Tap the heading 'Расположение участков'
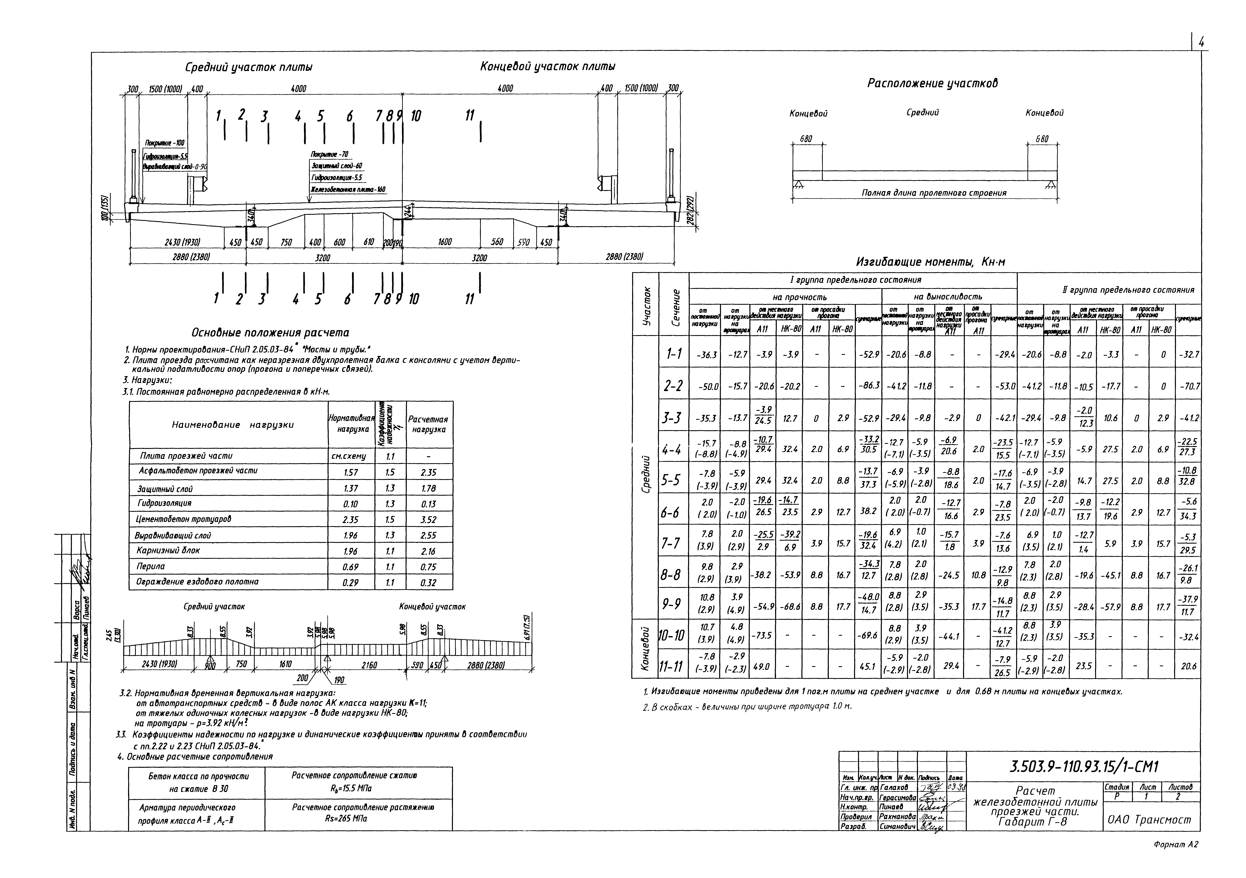tap(932, 83)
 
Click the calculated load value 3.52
tap(428, 520)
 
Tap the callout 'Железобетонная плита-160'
tap(347, 189)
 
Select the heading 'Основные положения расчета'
tap(270, 333)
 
